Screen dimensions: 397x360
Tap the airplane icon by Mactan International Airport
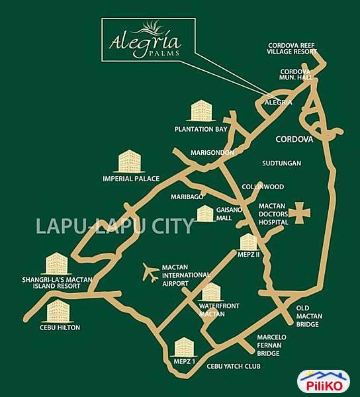[152, 272]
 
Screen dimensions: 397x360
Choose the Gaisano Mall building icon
[206, 214]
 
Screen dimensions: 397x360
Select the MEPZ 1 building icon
[183, 347]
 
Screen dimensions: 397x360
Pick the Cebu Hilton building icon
[59, 310]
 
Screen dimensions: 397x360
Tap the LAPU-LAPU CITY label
[114, 226]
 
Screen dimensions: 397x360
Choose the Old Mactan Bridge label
[309, 316]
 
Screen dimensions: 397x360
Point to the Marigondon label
[212, 153]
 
